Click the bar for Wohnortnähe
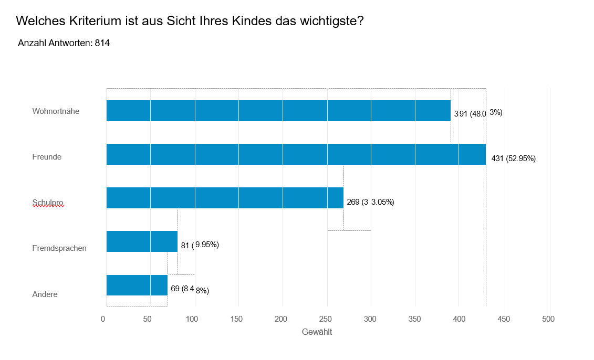(278, 111)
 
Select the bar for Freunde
(296, 154)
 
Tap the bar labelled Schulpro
(225, 198)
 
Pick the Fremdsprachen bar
(142, 241)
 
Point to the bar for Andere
(137, 285)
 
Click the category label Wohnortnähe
(56, 111)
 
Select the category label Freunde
(47, 156)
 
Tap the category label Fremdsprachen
(59, 248)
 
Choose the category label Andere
(45, 294)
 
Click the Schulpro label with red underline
(48, 202)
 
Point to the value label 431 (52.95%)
(513, 158)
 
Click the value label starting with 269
(370, 202)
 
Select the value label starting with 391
(478, 113)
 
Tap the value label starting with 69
(190, 289)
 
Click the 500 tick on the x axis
(549, 319)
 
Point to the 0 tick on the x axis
(103, 319)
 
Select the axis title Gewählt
(317, 332)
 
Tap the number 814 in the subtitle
(102, 43)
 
